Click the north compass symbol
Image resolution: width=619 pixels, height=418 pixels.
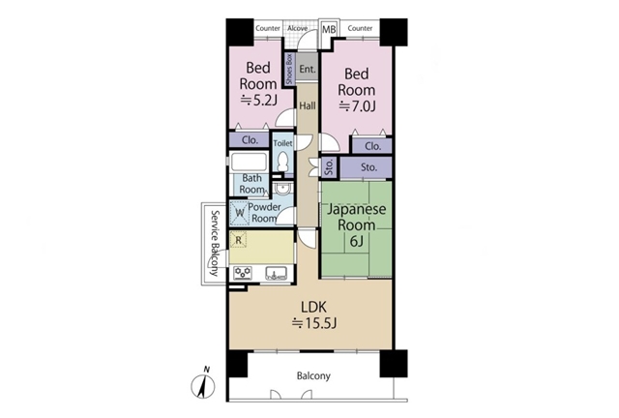[203, 385]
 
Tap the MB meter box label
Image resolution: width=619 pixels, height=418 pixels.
[329, 30]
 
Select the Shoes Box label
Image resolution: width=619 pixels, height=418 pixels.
[289, 69]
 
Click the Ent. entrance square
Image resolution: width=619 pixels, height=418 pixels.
[308, 69]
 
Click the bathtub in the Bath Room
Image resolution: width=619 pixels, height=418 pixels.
[249, 162]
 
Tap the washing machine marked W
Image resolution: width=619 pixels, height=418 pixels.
[239, 213]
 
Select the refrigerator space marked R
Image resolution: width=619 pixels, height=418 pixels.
[239, 240]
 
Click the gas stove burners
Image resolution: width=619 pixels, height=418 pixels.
[243, 273]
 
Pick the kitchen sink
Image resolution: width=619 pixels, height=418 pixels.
[276, 273]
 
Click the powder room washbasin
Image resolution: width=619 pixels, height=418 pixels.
[282, 189]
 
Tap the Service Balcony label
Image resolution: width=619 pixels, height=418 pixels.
[215, 244]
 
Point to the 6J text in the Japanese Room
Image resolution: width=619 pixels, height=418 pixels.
[357, 241]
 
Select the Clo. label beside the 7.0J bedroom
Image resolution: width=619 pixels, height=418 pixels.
[372, 146]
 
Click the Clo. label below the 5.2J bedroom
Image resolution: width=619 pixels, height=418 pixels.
[250, 140]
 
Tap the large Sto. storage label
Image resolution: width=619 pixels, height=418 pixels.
[368, 167]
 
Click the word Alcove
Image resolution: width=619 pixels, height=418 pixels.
[297, 28]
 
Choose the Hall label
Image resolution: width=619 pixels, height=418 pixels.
[308, 105]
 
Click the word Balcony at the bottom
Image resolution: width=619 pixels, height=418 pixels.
[313, 375]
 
